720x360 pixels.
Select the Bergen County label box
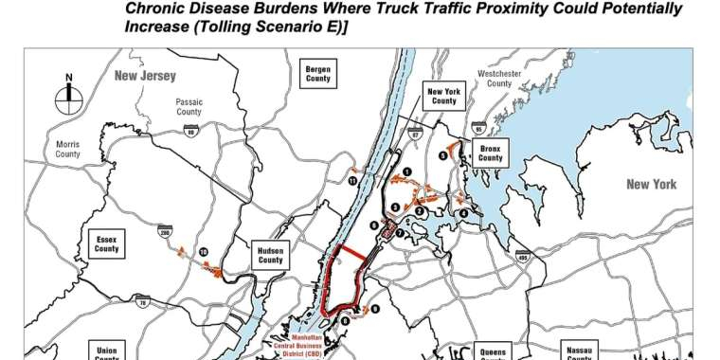pyautogui.click(x=317, y=73)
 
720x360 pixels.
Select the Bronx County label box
pyautogui.click(x=490, y=152)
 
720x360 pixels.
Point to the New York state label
pyautogui.click(x=651, y=185)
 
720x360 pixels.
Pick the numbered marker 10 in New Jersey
pyautogui.click(x=203, y=251)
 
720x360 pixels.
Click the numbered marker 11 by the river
pyautogui.click(x=352, y=179)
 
